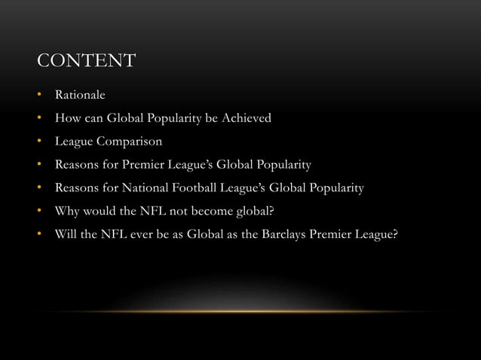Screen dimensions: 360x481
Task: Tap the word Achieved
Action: coord(244,118)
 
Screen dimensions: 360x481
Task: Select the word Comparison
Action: coord(133,141)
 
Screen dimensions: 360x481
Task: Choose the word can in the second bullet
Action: coord(96,118)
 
